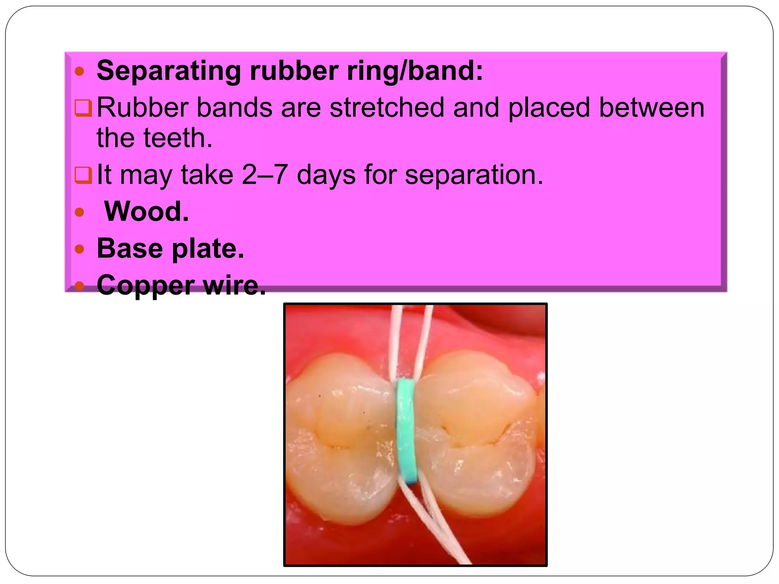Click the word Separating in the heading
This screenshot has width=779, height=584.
pos(169,71)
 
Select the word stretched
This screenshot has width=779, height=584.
pos(387,108)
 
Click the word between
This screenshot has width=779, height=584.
pos(652,108)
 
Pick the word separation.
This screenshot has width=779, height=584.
pos(474,175)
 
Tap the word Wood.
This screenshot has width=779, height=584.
pos(146,211)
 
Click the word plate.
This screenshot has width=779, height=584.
pos(208,249)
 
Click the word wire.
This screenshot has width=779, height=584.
pos(235,285)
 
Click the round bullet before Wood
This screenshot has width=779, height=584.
pos(79,212)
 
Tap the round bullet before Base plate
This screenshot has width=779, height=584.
pos(79,249)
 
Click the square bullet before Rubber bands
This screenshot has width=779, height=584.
pos(83,108)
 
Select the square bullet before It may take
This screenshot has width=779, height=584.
pos(83,175)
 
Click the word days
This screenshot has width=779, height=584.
pos(326,175)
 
